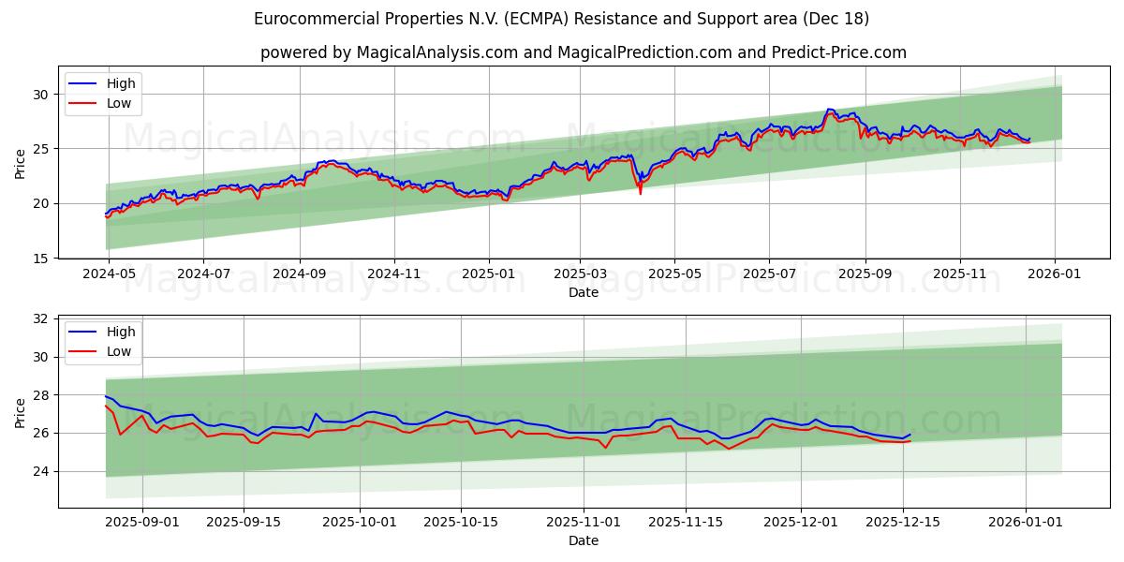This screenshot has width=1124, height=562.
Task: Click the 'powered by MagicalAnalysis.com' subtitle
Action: coord(583,52)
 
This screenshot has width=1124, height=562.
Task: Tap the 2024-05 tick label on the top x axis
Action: coord(109,275)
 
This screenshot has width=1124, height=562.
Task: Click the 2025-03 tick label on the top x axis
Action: coord(580,275)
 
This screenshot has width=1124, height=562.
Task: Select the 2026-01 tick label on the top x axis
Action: coord(1056,275)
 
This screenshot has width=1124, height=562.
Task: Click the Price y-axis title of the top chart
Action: coord(20,163)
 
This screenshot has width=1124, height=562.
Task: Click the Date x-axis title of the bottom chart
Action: coord(583,540)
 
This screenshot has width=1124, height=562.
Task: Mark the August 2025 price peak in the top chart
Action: coord(829,111)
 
